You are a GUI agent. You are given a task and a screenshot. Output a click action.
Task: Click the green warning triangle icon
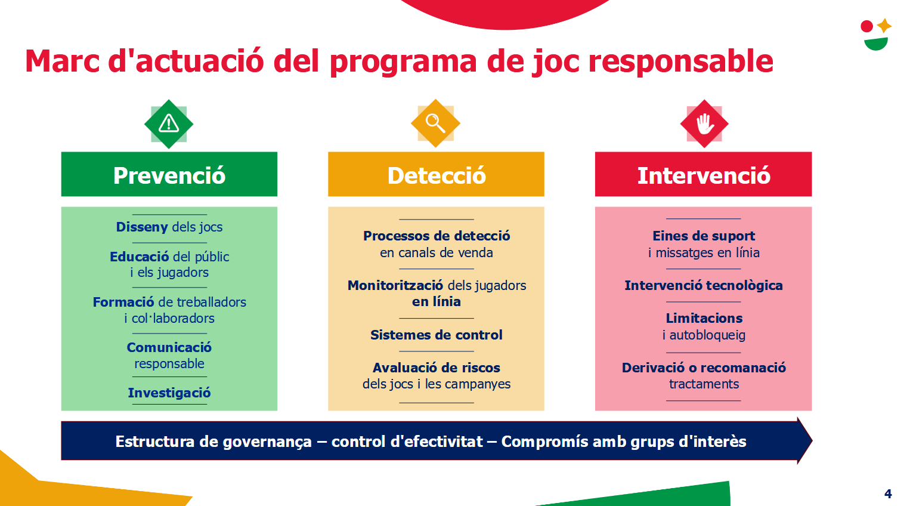169,124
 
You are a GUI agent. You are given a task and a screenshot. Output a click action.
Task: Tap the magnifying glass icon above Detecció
435,123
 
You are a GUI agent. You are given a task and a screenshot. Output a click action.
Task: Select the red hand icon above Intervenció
704,124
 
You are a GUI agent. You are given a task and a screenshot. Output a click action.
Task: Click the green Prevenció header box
169,174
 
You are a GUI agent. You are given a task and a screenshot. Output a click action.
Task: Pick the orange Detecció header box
436,174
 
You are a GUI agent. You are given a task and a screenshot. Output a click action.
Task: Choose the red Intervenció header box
704,174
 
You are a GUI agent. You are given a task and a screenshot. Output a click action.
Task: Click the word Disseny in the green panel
142,227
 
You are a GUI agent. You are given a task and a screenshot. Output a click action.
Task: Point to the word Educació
139,257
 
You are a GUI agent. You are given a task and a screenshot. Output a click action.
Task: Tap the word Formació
123,302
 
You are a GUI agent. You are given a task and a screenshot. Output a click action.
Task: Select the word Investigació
169,393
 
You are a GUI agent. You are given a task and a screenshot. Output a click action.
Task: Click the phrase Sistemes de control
436,335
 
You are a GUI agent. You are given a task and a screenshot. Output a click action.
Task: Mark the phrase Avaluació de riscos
436,368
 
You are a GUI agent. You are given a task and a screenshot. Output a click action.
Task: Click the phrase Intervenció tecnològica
704,286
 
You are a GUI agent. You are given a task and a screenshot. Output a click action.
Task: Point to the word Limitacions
704,318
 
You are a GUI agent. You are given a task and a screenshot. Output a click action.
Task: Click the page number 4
888,494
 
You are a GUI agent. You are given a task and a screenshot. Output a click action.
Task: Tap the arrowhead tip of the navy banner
812,441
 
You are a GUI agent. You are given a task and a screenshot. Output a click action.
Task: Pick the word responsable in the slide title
680,61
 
